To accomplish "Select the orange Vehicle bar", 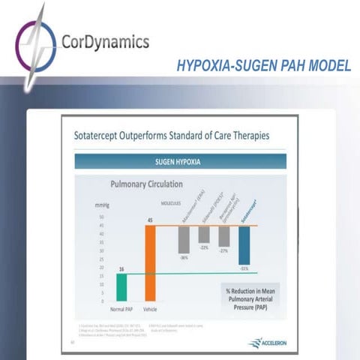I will (149, 262).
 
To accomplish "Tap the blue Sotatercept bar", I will (244, 244).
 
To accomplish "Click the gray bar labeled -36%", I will (183, 239).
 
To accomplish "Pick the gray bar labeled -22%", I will (203, 234).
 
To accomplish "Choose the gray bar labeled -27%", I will (223, 236).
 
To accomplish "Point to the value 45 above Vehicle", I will (149, 220).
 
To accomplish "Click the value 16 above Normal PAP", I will (121, 268).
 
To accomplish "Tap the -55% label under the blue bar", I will (244, 268).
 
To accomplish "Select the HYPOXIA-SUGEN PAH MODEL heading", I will (263, 66).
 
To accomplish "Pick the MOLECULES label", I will (174, 202).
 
